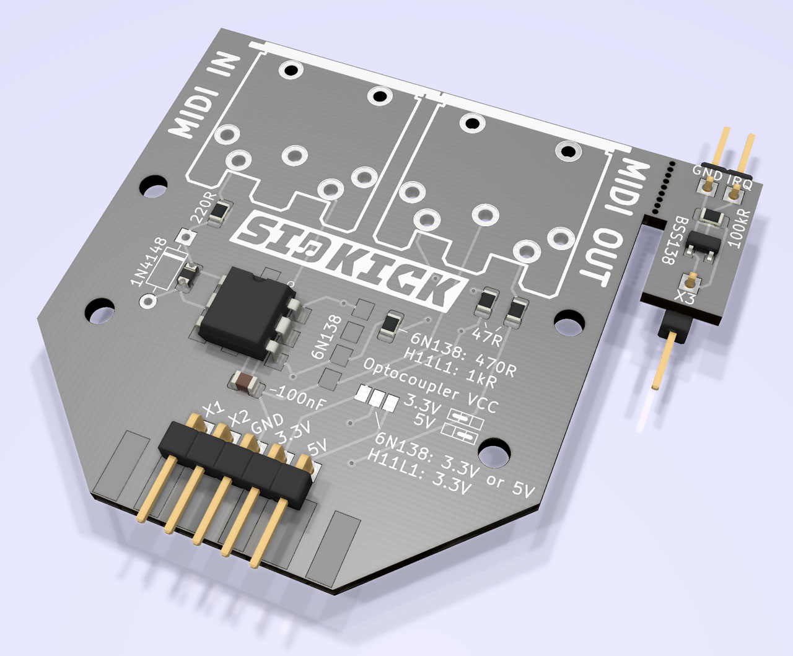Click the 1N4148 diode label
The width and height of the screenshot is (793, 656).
pyautogui.click(x=148, y=261)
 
